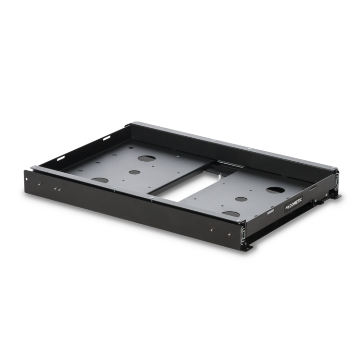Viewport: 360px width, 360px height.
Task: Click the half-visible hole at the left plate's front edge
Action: click(x=100, y=180)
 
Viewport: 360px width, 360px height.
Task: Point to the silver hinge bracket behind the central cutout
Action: click(x=226, y=165)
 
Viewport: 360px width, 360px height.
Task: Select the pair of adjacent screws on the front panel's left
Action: click(x=58, y=189)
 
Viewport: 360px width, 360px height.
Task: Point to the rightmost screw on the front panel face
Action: click(x=212, y=228)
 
